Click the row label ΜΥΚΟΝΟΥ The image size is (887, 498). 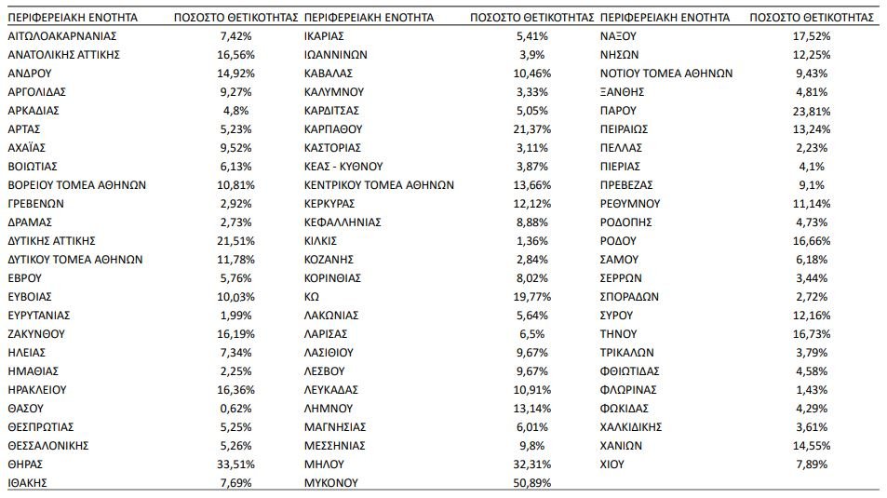331,482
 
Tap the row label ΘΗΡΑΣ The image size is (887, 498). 25,464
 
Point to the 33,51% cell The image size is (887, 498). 235,464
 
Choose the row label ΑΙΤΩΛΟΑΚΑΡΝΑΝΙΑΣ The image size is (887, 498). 61,35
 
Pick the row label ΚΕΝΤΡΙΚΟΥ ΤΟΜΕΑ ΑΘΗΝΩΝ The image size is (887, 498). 380,184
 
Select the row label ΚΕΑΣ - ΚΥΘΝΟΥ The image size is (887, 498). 343,166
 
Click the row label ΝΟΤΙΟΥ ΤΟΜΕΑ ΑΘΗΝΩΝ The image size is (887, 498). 666,73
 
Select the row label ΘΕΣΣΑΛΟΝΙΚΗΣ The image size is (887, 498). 47,445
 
